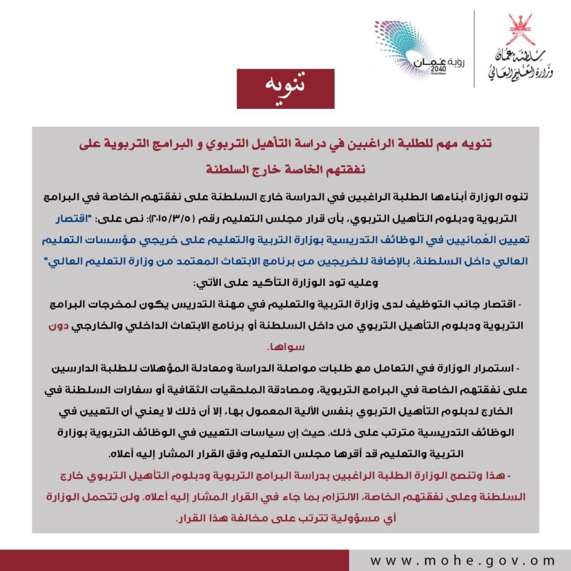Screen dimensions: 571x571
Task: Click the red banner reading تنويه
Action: pos(285,89)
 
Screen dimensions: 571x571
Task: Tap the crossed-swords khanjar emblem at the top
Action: pos(520,28)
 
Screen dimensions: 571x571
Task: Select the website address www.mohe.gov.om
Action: pos(462,560)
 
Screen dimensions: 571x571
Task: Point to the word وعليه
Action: pos(366,283)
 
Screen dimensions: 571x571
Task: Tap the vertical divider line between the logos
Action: pos(475,49)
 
